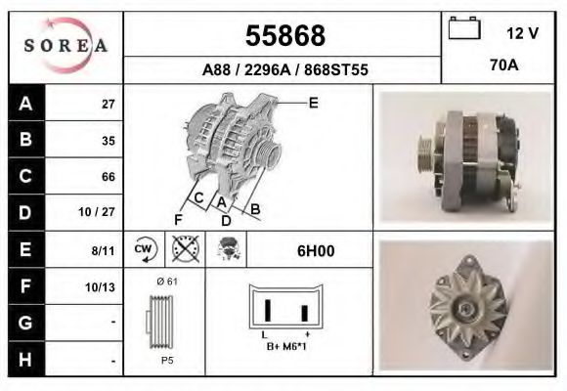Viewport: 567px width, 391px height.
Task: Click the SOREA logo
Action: coord(65,46)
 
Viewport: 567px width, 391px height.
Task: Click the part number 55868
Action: coord(284,36)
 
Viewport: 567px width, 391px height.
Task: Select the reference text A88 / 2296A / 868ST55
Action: coord(284,70)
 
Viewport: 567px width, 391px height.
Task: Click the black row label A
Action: coord(25,104)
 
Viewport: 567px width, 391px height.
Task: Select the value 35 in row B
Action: coord(108,140)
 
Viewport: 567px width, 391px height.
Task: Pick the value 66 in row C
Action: coord(108,177)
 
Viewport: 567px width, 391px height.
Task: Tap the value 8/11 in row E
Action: coord(103,250)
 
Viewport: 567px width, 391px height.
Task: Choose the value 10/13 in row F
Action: coord(101,286)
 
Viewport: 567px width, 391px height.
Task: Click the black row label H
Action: coord(25,360)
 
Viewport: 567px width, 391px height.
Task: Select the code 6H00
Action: coord(316,250)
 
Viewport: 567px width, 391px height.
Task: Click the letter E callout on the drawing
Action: coord(313,102)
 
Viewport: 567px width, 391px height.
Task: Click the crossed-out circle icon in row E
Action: coord(186,250)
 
